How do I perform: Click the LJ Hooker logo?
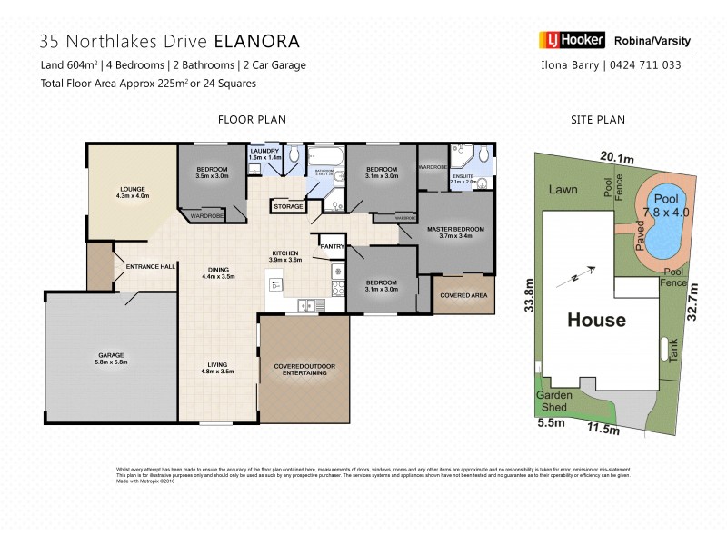point(566,41)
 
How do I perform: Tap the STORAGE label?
point(288,208)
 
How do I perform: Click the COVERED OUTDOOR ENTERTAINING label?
point(304,371)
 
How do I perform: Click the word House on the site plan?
point(596,320)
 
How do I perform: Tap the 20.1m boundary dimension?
point(616,158)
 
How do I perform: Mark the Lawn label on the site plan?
point(564,191)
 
